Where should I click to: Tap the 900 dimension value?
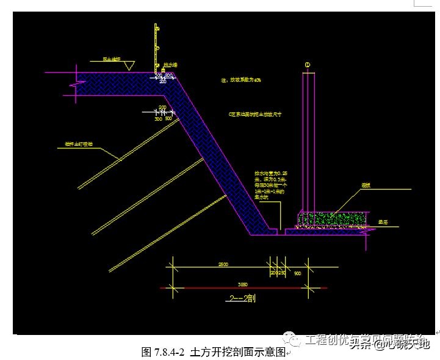pyautogui.click(x=297, y=273)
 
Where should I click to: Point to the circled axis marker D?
pyautogui.click(x=307, y=64)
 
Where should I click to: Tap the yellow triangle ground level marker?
pyautogui.click(x=128, y=68)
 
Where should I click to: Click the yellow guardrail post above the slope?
pyautogui.click(x=156, y=46)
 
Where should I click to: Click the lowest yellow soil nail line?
pyautogui.click(x=165, y=232)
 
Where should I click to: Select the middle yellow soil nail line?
pyautogui.click(x=146, y=195)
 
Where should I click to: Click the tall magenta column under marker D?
pyautogui.click(x=309, y=140)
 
